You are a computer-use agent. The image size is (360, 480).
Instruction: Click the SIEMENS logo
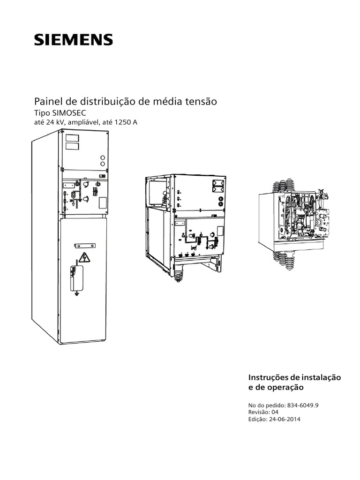click(x=73, y=39)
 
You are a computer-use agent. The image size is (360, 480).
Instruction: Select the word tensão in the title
click(x=202, y=101)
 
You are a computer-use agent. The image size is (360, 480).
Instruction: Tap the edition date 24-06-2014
click(x=285, y=420)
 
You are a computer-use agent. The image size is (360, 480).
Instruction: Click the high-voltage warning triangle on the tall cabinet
click(x=84, y=257)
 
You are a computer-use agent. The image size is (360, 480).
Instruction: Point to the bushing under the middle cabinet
click(x=178, y=275)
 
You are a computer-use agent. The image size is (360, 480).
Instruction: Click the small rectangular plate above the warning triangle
click(x=85, y=246)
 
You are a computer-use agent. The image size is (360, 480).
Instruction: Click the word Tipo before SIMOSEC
click(x=43, y=113)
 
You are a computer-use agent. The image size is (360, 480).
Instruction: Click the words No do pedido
click(x=264, y=405)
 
